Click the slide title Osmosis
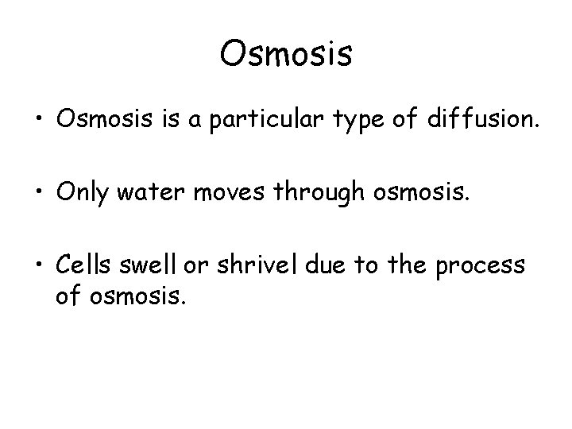[x=286, y=55]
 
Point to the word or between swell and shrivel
[x=195, y=266]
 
